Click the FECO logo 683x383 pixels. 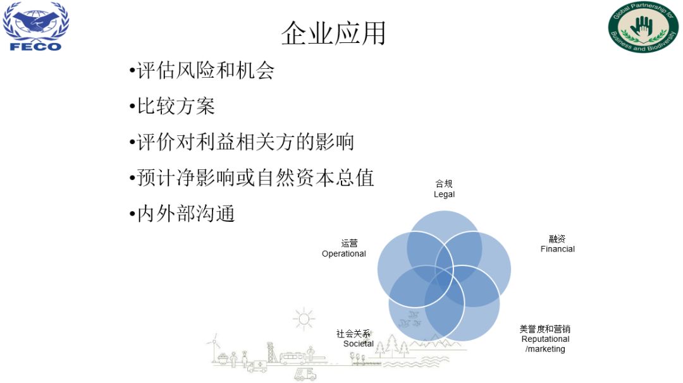tap(35, 26)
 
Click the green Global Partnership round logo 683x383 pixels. tap(643, 27)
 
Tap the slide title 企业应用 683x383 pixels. tap(333, 33)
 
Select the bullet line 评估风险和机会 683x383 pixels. tap(202, 71)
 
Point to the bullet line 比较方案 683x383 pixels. tap(172, 106)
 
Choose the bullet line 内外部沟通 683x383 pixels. tap(182, 213)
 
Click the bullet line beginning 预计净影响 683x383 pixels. tap(252, 178)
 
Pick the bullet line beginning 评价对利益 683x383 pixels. tap(242, 142)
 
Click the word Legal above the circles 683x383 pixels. tap(444, 194)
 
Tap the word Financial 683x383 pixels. tap(558, 249)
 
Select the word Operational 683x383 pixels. tap(343, 253)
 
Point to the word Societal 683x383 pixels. tap(358, 343)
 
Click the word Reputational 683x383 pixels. tap(545, 339)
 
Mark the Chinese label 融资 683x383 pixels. tap(557, 238)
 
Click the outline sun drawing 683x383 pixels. tap(304, 319)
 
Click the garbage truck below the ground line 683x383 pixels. tap(305, 374)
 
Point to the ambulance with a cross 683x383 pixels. tap(257, 367)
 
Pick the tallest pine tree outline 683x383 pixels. tap(392, 346)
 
